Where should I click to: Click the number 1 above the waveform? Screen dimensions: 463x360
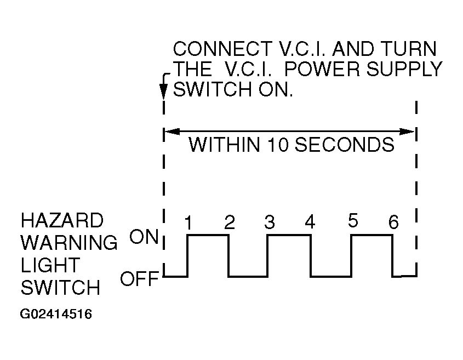pyautogui.click(x=188, y=222)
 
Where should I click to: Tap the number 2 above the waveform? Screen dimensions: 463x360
pyautogui.click(x=230, y=222)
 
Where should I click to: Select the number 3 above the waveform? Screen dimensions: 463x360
pyautogui.click(x=269, y=222)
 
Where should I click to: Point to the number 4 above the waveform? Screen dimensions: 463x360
pyautogui.click(x=310, y=222)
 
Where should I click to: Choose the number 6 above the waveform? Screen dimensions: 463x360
pyautogui.click(x=393, y=222)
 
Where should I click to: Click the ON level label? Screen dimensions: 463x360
pyautogui.click(x=144, y=237)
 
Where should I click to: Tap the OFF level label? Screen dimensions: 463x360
pyautogui.click(x=140, y=278)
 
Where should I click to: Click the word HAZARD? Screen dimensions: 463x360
pyautogui.click(x=62, y=220)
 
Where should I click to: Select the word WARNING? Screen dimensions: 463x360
pyautogui.click(x=69, y=242)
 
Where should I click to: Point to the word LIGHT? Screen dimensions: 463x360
pyautogui.click(x=50, y=265)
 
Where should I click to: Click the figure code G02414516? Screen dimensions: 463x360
pyautogui.click(x=56, y=314)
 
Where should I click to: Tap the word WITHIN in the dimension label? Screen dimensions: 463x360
pyautogui.click(x=225, y=145)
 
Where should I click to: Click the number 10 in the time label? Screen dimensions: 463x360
pyautogui.click(x=278, y=145)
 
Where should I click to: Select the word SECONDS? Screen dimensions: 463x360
pyautogui.click(x=345, y=145)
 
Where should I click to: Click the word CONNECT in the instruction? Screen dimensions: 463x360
pyautogui.click(x=222, y=49)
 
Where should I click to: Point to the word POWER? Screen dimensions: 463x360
pyautogui.click(x=322, y=69)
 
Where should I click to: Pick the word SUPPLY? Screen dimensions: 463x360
pyautogui.click(x=404, y=69)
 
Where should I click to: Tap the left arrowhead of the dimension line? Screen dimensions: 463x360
pyautogui.click(x=172, y=132)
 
